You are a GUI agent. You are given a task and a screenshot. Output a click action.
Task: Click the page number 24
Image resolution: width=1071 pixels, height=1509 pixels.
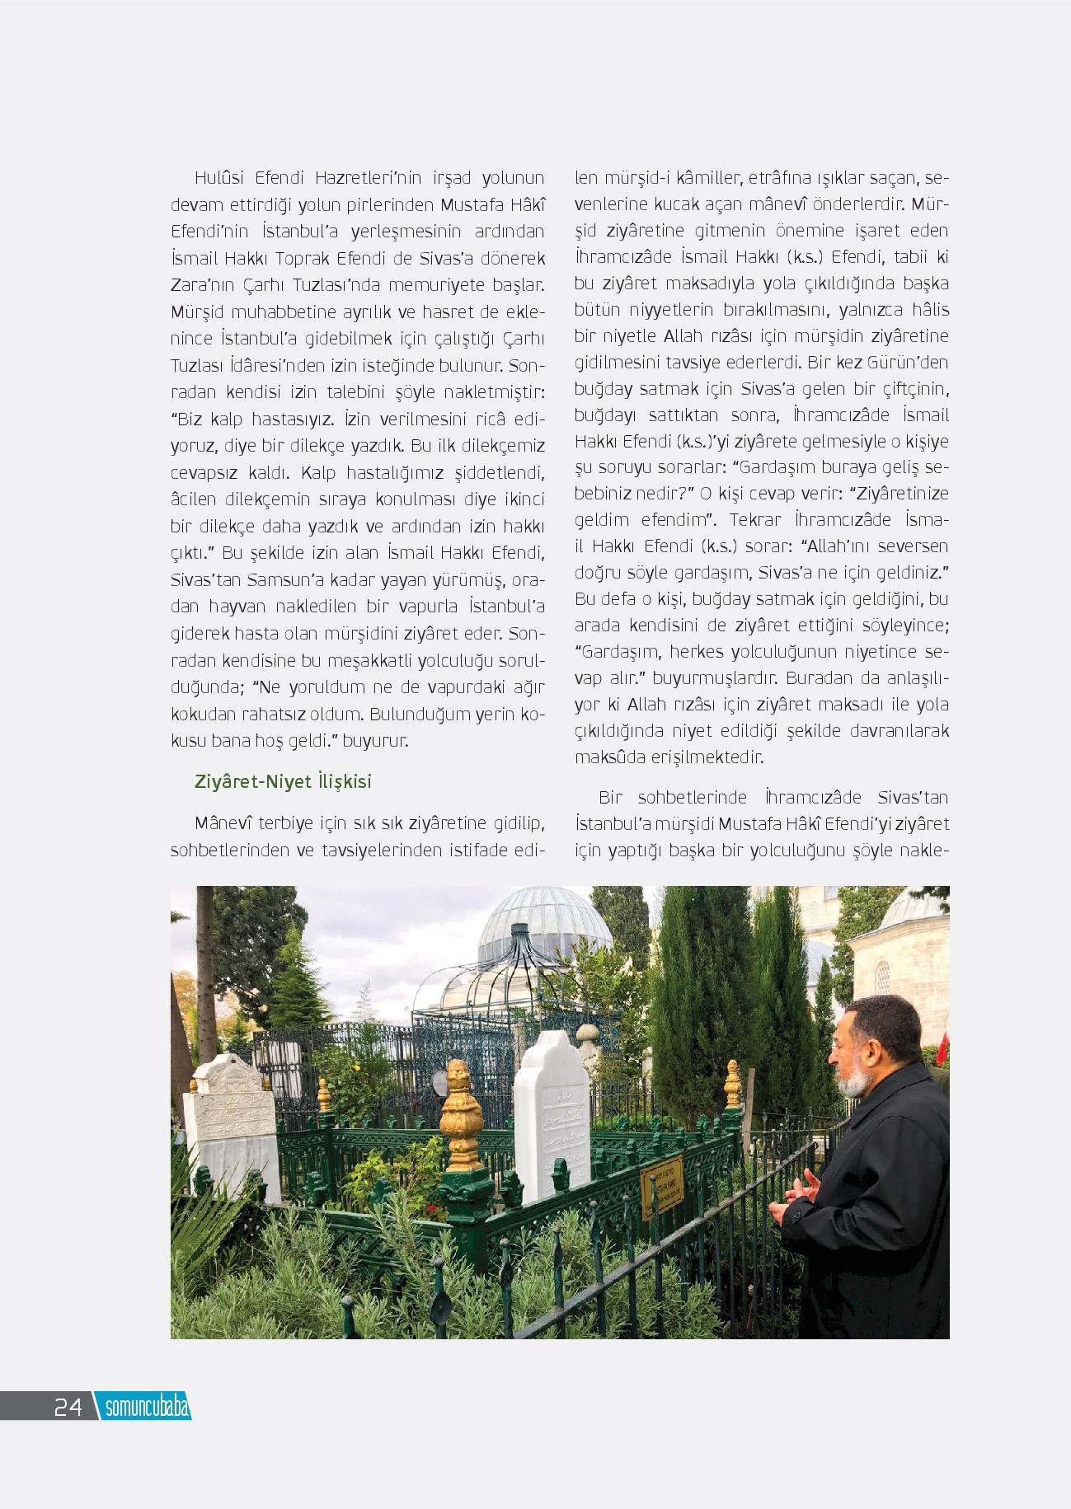[68, 1406]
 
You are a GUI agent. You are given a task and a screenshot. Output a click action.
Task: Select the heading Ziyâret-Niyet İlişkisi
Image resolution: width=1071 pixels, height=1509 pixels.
[283, 781]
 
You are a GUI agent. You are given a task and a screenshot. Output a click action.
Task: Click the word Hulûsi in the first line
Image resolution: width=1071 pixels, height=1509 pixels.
[219, 178]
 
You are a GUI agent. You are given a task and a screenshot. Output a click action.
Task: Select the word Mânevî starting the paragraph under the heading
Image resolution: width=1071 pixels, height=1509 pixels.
[223, 823]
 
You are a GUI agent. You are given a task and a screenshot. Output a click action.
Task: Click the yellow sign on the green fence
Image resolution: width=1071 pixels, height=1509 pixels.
[662, 1188]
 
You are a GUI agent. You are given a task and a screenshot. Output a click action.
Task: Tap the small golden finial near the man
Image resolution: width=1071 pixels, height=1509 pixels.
[732, 1083]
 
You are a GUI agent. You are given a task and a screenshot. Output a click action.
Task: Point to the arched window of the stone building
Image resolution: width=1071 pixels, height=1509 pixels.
[881, 977]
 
